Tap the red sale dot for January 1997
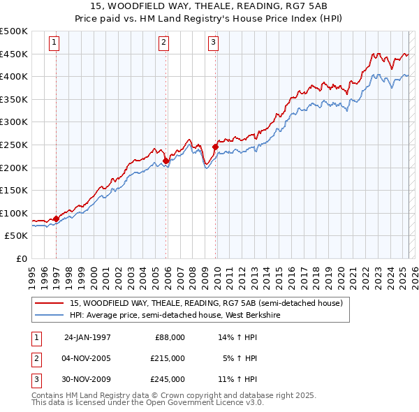point(57,219)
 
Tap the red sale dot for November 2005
point(166,161)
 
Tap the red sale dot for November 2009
point(215,147)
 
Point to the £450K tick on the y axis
point(14,54)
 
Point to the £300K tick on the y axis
point(14,122)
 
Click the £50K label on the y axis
point(17,236)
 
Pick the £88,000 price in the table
point(170,337)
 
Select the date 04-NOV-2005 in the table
point(87,358)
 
